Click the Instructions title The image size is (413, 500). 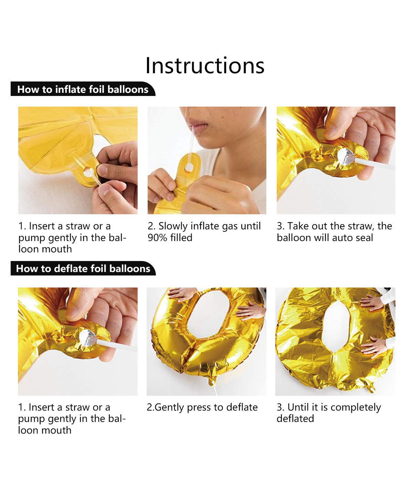coord(205,65)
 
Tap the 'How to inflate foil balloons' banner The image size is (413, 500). coord(83,89)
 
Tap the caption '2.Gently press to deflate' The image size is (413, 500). coord(202,407)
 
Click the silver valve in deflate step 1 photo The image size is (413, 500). coord(88,338)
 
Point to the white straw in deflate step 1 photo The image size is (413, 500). coord(116,346)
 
